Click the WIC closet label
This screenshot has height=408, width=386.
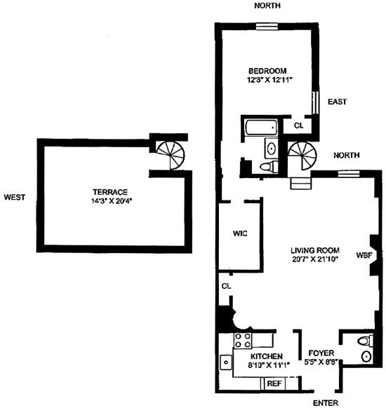point(240,233)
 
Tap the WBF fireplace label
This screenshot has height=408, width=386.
point(364,254)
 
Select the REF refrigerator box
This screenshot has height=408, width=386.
point(274,383)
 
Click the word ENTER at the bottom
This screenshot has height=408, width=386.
point(326,402)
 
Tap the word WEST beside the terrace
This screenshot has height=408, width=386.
point(14,197)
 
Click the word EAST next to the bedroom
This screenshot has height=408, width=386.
point(337,102)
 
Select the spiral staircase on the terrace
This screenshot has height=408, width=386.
point(169,153)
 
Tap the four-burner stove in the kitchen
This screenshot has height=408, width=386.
point(242,341)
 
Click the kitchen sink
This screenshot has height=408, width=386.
point(226,362)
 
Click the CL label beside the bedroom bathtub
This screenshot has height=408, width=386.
point(298,125)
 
